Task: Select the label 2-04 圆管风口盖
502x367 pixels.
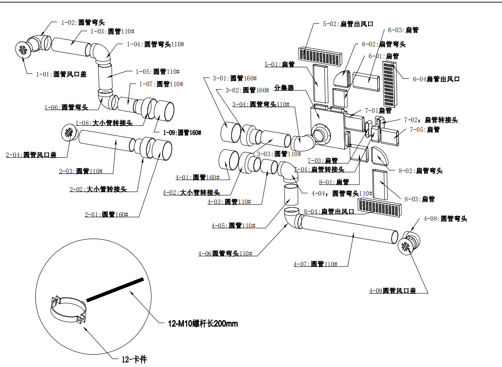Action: coord(31,155)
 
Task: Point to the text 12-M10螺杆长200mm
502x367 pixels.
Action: coord(202,324)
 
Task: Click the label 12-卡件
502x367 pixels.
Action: coord(134,359)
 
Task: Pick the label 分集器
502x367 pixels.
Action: coord(284,88)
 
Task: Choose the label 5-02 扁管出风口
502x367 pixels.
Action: coord(348,24)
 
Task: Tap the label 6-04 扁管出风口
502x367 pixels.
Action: coord(436,79)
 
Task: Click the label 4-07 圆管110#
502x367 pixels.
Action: coord(315,264)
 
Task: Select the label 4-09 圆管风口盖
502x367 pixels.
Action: coord(393,290)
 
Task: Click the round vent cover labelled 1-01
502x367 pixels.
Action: coord(23,49)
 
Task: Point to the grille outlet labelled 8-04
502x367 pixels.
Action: coord(380,207)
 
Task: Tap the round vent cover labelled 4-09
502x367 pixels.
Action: coord(405,246)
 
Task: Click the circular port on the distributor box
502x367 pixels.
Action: coord(320,133)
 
